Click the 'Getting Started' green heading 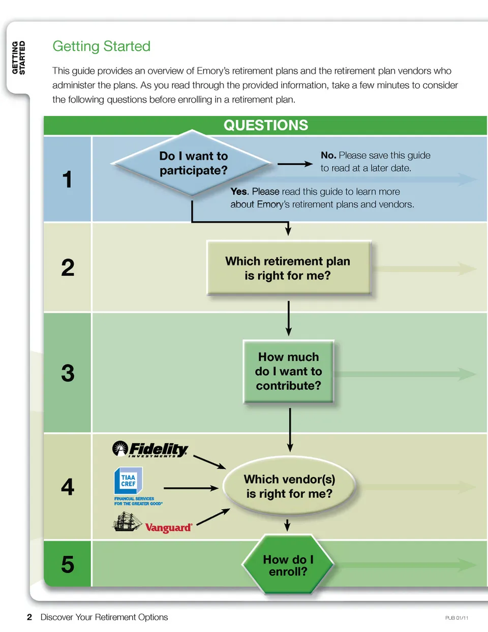point(102,46)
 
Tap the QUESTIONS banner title point(266,125)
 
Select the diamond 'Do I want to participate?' point(193,163)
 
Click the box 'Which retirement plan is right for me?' point(288,268)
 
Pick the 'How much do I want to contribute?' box point(288,371)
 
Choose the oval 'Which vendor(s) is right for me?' point(289,487)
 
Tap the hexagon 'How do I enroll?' point(288,565)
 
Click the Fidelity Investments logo point(150,449)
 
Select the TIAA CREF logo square point(128,480)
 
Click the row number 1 point(67,179)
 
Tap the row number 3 point(68,373)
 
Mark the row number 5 point(68,564)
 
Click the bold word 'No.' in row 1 point(328,155)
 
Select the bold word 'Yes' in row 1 point(238,192)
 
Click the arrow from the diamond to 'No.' point(295,164)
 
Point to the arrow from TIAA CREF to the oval point(191,488)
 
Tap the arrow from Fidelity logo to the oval point(209,462)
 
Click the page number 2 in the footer point(29,617)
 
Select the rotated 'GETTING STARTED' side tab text point(18,57)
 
